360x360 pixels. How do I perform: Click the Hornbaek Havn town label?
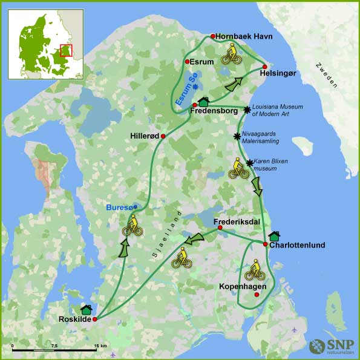[244, 36]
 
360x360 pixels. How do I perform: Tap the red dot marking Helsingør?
[264, 66]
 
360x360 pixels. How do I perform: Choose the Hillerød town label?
[145, 136]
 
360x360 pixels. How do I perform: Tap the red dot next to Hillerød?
[163, 136]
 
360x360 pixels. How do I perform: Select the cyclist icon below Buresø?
[132, 226]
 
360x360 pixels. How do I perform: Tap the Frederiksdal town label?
[240, 221]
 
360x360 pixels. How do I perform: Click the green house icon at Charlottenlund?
[273, 235]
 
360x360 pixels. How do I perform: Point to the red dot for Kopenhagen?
[257, 295]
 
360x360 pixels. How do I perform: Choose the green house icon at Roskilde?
[86, 310]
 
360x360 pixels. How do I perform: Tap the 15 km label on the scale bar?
[100, 345]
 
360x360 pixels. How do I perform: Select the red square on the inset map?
[67, 50]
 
